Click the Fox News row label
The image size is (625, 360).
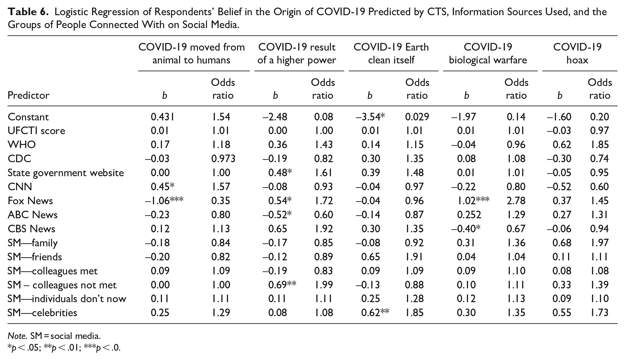pos(30,201)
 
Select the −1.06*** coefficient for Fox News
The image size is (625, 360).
pos(164,201)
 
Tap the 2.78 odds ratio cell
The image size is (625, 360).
pos(516,201)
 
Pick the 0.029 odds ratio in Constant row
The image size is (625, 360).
pos(417,117)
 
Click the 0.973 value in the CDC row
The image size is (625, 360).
pos(223,159)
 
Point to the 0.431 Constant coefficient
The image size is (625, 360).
pos(163,117)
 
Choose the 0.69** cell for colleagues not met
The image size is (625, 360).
pos(282,285)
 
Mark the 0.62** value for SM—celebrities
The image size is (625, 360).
pos(375,313)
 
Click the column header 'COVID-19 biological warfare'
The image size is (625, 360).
pos(488,53)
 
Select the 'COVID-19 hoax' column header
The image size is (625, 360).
pos(577,53)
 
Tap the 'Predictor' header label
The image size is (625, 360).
pos(29,95)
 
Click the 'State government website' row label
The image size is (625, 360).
pos(66,173)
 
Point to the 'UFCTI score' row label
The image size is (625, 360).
pos(37,131)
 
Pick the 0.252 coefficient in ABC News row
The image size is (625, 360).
pos(469,215)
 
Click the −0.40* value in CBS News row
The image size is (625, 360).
pos(465,229)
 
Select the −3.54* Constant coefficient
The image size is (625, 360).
pos(370,117)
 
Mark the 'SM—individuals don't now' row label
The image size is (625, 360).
pos(67,299)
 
